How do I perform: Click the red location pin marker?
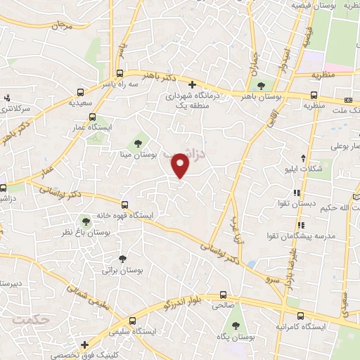coord(181,166)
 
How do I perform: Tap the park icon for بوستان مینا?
coord(138,136)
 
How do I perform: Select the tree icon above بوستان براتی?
coord(123,259)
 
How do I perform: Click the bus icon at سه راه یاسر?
coord(121,73)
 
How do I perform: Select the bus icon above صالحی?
coord(223,295)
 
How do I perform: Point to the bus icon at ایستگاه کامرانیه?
coord(301,316)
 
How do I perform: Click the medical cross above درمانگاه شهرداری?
coord(191,84)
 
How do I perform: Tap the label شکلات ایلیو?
coord(303,172)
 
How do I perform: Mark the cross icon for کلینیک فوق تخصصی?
coord(84,345)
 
